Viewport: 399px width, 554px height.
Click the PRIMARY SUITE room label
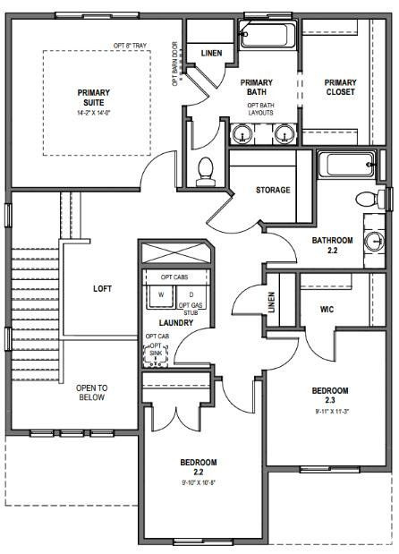[x=94, y=98]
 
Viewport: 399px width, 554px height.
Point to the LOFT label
[x=103, y=289]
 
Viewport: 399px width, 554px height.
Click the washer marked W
[x=161, y=294]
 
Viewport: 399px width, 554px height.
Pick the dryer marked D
[x=191, y=294]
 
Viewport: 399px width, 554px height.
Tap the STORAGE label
[x=272, y=190]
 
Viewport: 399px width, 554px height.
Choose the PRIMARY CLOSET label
[x=340, y=87]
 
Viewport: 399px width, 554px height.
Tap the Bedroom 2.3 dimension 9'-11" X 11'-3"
[x=330, y=412]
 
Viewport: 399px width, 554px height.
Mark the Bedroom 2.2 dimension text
[x=198, y=482]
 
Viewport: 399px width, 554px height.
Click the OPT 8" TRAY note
[x=129, y=46]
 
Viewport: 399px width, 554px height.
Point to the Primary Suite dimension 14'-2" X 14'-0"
[x=94, y=114]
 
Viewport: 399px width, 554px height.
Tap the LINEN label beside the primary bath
[x=212, y=53]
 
